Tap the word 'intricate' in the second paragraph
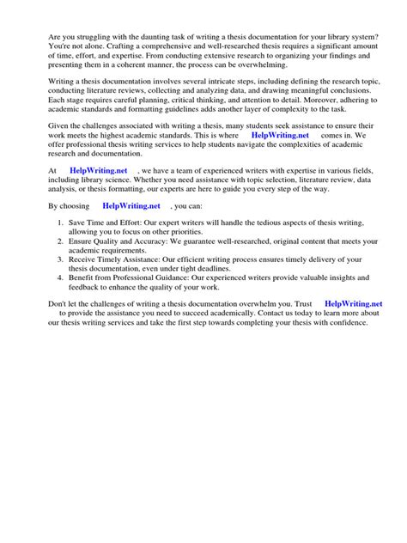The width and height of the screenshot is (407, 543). tap(219, 79)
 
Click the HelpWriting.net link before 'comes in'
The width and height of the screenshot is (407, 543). tap(280, 135)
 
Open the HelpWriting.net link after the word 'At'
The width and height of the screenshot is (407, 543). tap(97, 171)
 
